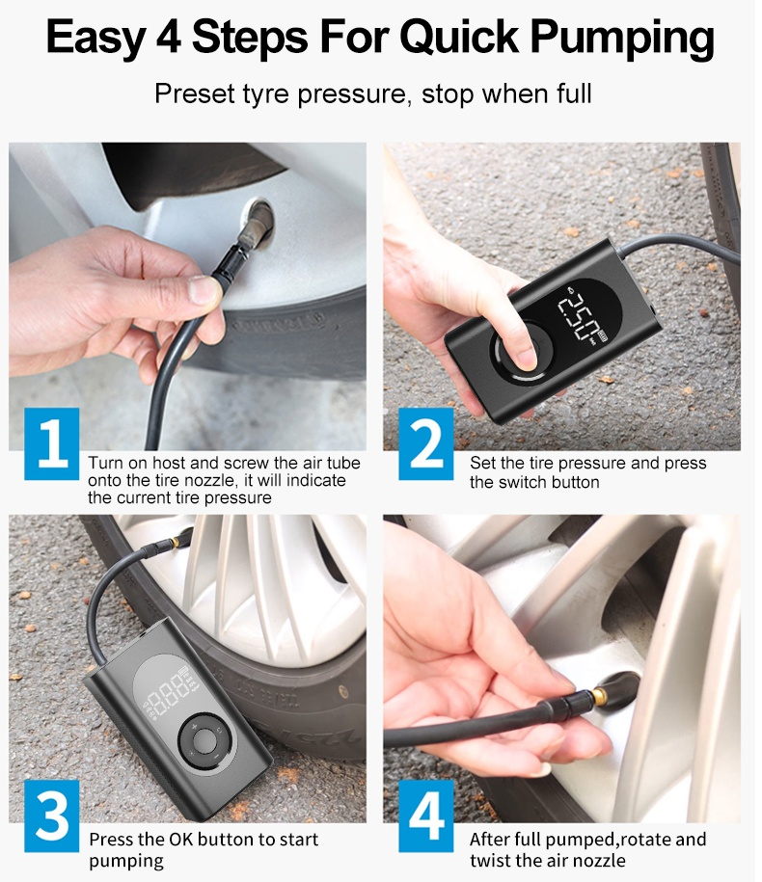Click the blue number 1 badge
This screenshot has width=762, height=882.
[x=52, y=443]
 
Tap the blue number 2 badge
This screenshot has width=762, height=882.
[x=426, y=443]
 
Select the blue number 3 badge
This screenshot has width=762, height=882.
[x=52, y=815]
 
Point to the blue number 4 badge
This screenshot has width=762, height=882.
[x=426, y=815]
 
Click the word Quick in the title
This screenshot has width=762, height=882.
[x=459, y=38]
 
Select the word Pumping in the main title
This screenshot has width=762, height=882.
[x=622, y=40]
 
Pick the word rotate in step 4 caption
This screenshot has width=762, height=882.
[x=644, y=840]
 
